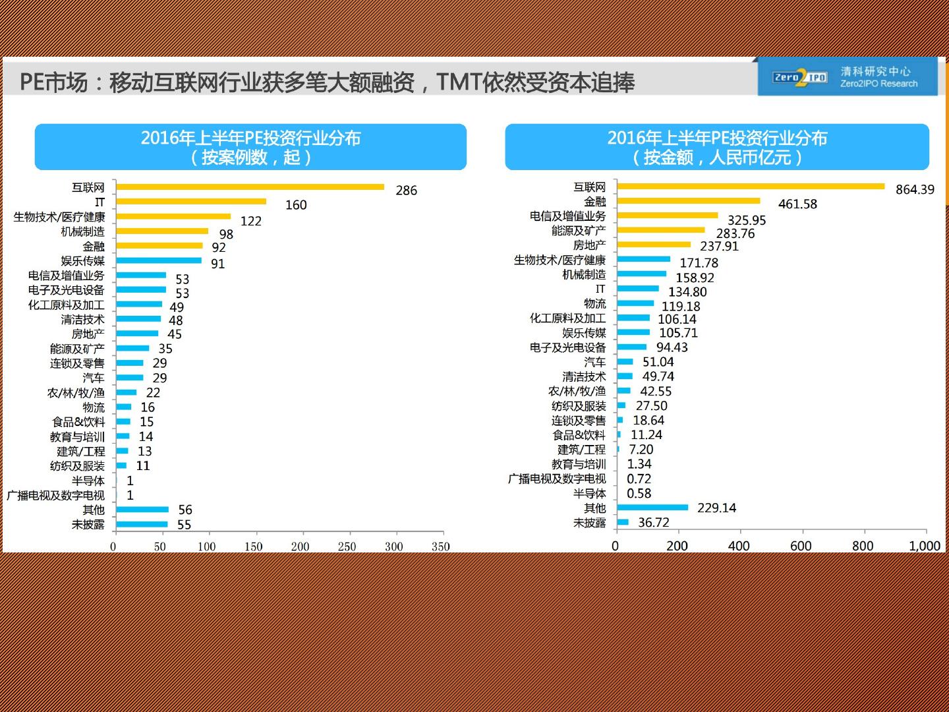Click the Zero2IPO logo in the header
pyautogui.click(x=800, y=78)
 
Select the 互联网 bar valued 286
pyautogui.click(x=250, y=187)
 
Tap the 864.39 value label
pyautogui.click(x=915, y=190)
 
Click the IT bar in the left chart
pyautogui.click(x=191, y=202)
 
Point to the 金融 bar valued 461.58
pyautogui.click(x=689, y=201)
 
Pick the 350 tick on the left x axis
pyautogui.click(x=441, y=547)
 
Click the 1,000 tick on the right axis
pyautogui.click(x=925, y=546)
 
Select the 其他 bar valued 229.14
pyautogui.click(x=652, y=508)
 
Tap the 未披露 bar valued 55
pyautogui.click(x=142, y=525)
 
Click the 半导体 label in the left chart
pyautogui.click(x=88, y=481)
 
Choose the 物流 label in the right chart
pyautogui.click(x=594, y=303)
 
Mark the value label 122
pyautogui.click(x=250, y=221)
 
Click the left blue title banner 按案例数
pyautogui.click(x=250, y=147)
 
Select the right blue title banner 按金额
pyautogui.click(x=717, y=147)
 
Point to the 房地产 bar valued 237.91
pyautogui.click(x=654, y=245)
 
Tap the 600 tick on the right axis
pyautogui.click(x=801, y=546)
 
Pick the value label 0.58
pyautogui.click(x=639, y=493)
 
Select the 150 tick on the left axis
pyautogui.click(x=254, y=547)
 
